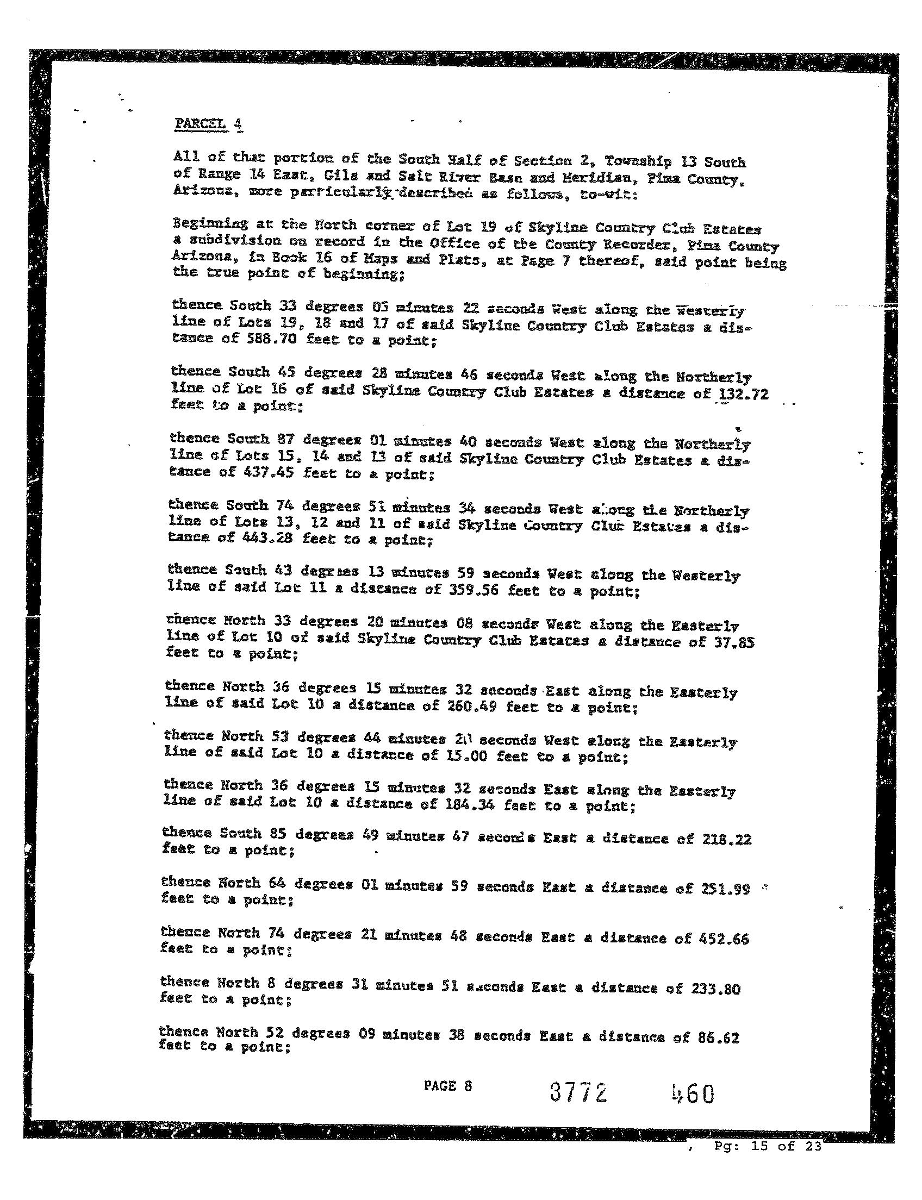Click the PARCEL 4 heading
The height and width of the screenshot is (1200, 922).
[x=208, y=124]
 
